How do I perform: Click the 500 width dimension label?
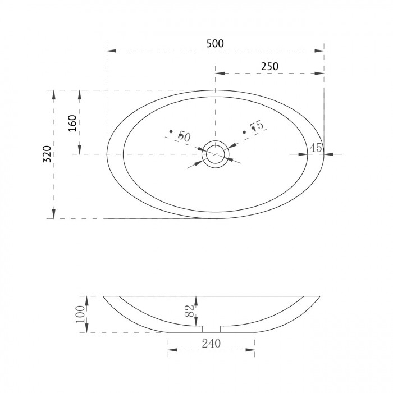(x=215, y=44)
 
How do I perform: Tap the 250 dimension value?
(x=269, y=66)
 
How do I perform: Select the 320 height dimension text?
(x=47, y=154)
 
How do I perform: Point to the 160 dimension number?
(x=72, y=124)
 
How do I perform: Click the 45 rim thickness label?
(x=316, y=148)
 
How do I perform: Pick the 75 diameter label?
(x=257, y=125)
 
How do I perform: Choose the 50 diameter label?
(x=184, y=136)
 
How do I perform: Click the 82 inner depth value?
(x=190, y=311)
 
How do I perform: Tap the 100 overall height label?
(x=80, y=314)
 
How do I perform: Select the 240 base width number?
(x=211, y=344)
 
